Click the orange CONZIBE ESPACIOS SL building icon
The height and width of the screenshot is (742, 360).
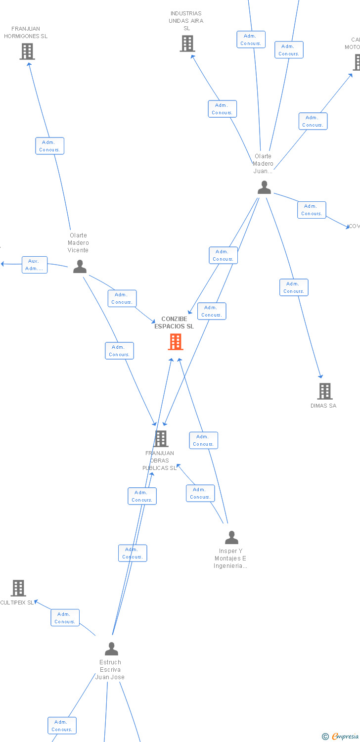176,342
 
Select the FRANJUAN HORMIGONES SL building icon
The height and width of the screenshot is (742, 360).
27,51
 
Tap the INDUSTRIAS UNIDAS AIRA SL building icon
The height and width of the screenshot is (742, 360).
187,44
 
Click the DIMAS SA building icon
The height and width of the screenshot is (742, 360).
324,391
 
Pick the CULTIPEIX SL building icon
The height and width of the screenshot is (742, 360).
18,588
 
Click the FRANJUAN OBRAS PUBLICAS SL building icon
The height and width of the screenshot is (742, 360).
161,439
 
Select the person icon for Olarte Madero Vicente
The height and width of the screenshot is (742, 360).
80,267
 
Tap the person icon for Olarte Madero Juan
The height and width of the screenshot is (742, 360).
265,187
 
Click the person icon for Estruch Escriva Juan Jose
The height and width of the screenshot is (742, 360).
112,649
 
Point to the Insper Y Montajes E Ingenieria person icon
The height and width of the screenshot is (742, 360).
231,538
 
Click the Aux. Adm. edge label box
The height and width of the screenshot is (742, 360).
35,265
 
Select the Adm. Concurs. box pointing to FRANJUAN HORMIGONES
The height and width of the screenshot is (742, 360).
49,146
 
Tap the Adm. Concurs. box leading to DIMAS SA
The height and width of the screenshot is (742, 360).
294,287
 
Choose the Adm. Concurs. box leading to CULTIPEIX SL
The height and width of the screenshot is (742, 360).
65,618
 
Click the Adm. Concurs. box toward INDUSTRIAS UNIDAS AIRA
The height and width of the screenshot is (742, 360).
222,109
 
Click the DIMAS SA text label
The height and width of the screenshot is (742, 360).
323,406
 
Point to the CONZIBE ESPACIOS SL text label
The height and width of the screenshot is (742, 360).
174,323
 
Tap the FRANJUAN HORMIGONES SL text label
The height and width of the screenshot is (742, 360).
26,33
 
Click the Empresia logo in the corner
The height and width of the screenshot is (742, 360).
341,737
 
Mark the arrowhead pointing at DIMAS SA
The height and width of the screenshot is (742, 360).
321,376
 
